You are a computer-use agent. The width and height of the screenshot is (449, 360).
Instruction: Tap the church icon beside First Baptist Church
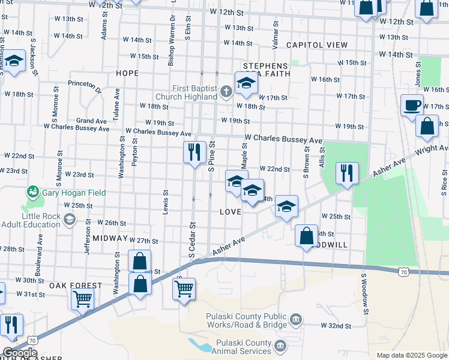tap(226, 92)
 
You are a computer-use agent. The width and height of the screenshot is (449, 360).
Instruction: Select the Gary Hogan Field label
tap(74, 193)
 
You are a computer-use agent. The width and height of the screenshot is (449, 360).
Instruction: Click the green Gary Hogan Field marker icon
tap(32, 193)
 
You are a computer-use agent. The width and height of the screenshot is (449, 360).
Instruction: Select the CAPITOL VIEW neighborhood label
tap(317, 45)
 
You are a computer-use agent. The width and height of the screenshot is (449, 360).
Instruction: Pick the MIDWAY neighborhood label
tap(110, 238)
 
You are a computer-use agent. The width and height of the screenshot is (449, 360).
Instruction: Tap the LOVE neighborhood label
tap(231, 212)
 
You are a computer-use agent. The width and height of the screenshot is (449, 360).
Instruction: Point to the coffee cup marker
tap(412, 105)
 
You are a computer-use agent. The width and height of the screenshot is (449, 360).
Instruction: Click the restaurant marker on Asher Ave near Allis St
tap(347, 173)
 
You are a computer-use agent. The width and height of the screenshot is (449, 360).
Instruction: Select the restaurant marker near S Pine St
tap(194, 152)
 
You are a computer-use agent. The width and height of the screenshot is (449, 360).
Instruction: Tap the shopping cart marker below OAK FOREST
tap(82, 298)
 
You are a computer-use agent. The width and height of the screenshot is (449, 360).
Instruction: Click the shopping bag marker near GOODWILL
tap(306, 235)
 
